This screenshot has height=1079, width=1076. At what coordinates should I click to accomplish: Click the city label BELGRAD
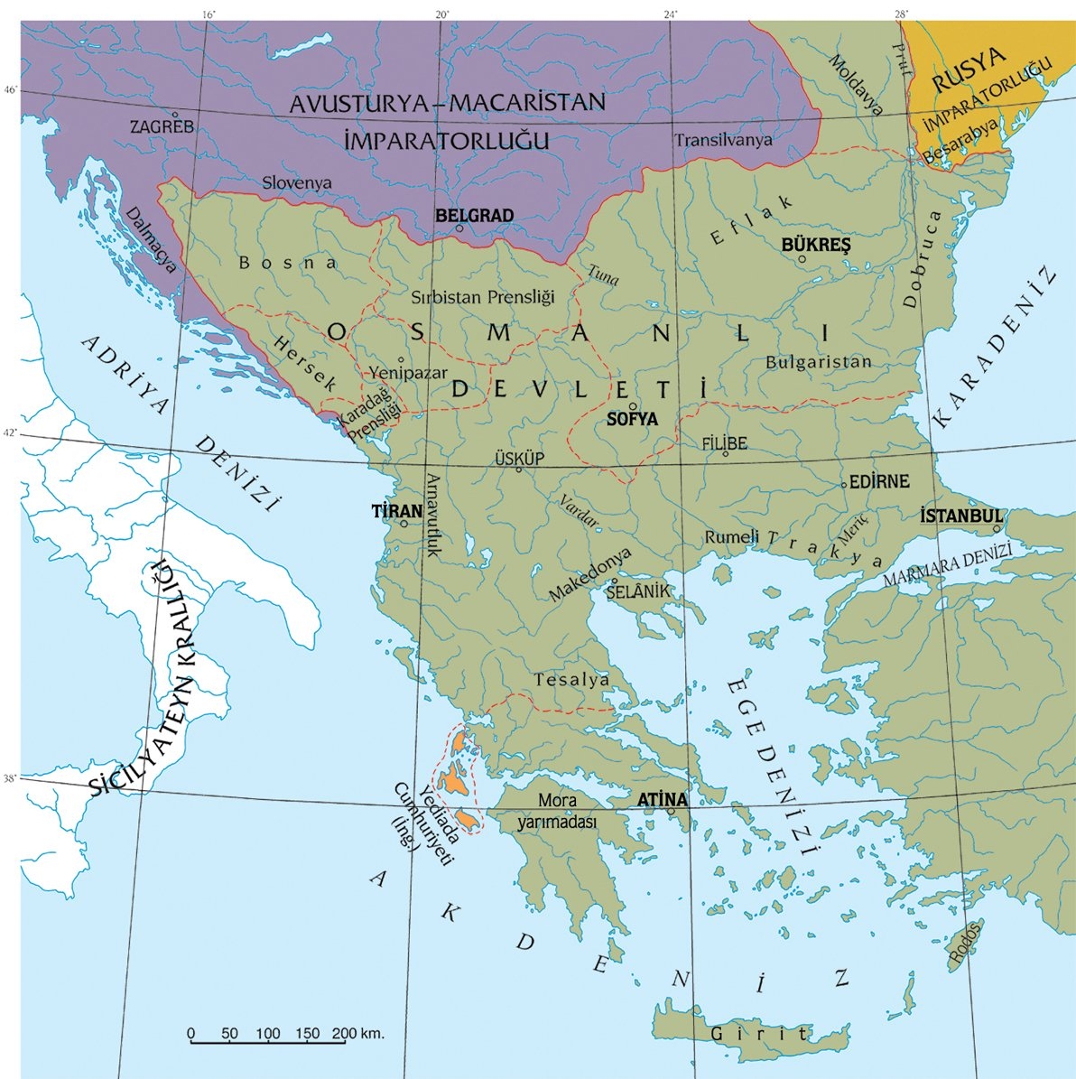click(474, 216)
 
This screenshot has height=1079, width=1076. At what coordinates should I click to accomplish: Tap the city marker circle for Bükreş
click(802, 259)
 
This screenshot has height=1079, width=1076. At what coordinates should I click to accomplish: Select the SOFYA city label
click(632, 420)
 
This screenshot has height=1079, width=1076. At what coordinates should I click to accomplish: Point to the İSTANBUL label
click(961, 515)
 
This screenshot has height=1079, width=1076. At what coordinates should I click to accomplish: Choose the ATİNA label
click(662, 800)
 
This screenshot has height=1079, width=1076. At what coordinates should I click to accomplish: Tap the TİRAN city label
click(397, 511)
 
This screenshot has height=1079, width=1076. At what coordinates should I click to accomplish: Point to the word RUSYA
click(969, 70)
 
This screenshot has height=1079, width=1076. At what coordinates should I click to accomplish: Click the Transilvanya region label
click(723, 140)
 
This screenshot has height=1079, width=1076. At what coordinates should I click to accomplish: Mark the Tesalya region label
click(571, 680)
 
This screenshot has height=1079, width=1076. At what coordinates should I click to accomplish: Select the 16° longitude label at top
click(209, 14)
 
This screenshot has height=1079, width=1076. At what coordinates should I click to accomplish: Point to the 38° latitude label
click(10, 777)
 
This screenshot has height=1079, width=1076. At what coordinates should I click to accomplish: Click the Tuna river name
click(603, 274)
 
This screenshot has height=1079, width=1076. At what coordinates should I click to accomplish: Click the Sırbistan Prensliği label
click(482, 296)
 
